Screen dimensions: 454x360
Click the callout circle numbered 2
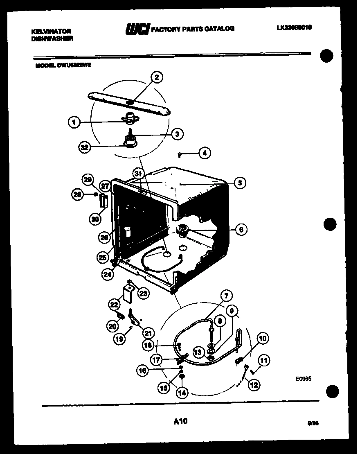156,77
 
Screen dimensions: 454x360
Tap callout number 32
85,148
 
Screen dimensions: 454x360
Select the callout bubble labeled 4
205,154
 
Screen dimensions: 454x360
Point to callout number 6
241,230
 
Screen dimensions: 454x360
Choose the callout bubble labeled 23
143,293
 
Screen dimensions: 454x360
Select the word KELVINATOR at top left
51,31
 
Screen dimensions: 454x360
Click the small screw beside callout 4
180,154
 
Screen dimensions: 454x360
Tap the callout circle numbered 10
262,338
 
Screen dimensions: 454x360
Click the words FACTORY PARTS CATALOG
193,29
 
